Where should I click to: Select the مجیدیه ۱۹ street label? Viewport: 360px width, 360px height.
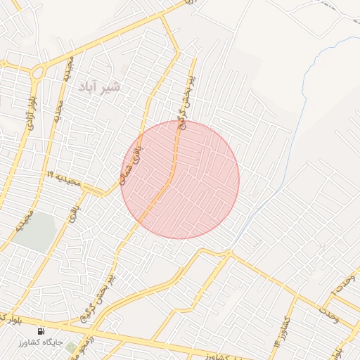pyautogui.click(x=64, y=178)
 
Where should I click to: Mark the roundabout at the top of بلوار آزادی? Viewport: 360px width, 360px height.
pyautogui.click(x=37, y=71)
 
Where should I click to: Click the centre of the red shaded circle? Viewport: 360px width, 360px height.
pyautogui.click(x=180, y=179)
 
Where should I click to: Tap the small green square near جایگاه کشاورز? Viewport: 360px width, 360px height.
pyautogui.click(x=70, y=347)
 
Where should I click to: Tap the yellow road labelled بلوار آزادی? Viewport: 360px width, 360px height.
pyautogui.click(x=21, y=141)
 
